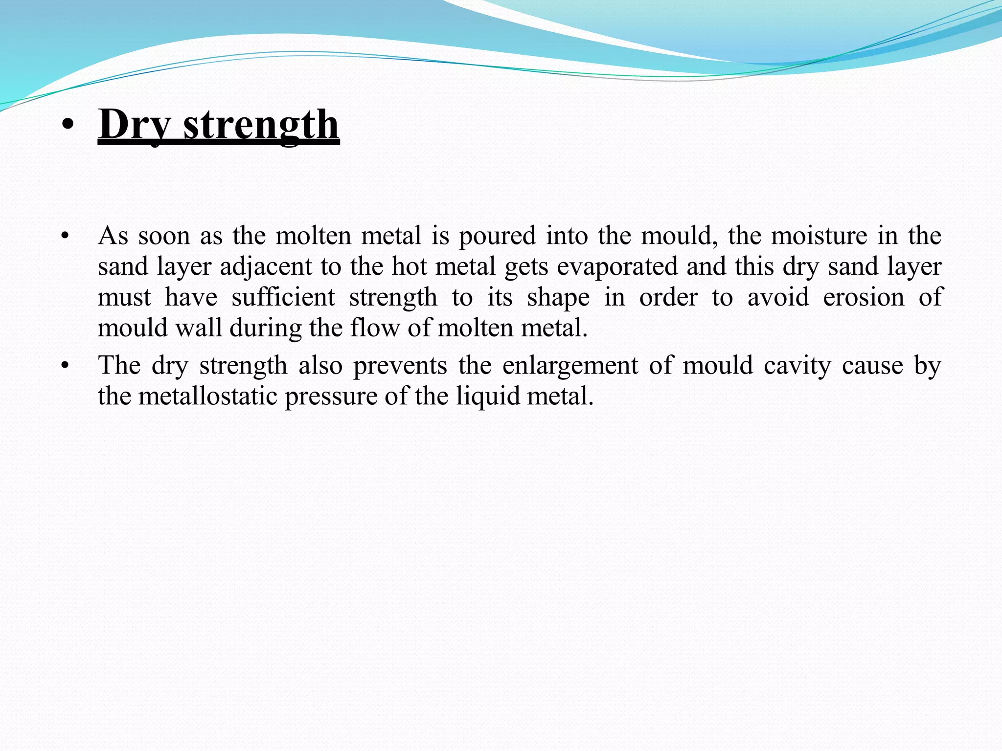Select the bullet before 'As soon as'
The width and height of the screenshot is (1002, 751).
(x=64, y=237)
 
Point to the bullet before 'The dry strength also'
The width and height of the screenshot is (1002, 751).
(x=64, y=366)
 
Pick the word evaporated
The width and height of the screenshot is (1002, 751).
(x=616, y=267)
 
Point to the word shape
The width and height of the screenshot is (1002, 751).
(x=558, y=298)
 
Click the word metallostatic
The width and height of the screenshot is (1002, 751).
(x=208, y=396)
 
